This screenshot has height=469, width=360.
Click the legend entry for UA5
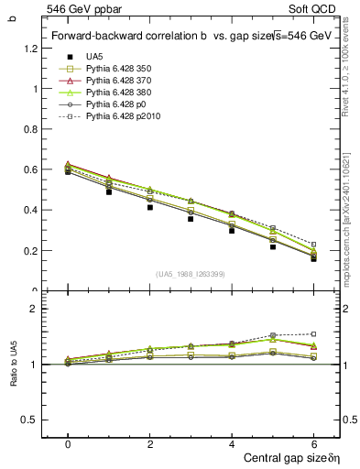pyautogui.click(x=94, y=57)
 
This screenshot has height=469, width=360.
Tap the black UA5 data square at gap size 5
pyautogui.click(x=273, y=246)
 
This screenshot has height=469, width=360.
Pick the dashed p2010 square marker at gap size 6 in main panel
pyautogui.click(x=314, y=245)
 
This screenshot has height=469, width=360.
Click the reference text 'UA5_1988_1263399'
pyautogui.click(x=191, y=274)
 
